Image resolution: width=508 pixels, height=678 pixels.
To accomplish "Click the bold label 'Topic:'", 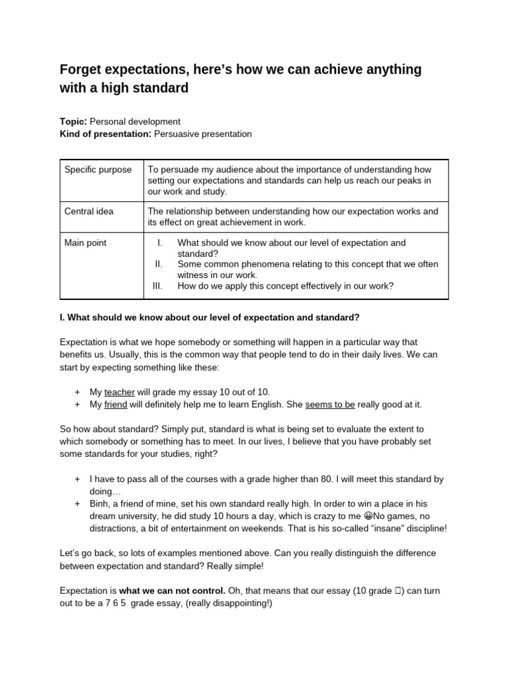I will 73,122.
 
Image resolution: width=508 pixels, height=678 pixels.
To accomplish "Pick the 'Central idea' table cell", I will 89,211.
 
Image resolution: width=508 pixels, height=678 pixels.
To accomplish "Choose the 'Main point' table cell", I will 85,243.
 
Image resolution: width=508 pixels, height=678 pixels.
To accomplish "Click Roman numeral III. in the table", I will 157,286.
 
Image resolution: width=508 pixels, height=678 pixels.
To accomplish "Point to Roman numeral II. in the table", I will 158,264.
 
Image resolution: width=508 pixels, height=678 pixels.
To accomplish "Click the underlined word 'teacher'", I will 119,392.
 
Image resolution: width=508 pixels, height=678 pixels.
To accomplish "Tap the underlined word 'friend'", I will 116,405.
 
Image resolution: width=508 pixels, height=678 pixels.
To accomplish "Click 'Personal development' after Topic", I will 135,122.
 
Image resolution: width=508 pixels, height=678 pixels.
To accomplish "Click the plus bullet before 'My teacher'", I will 77,392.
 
